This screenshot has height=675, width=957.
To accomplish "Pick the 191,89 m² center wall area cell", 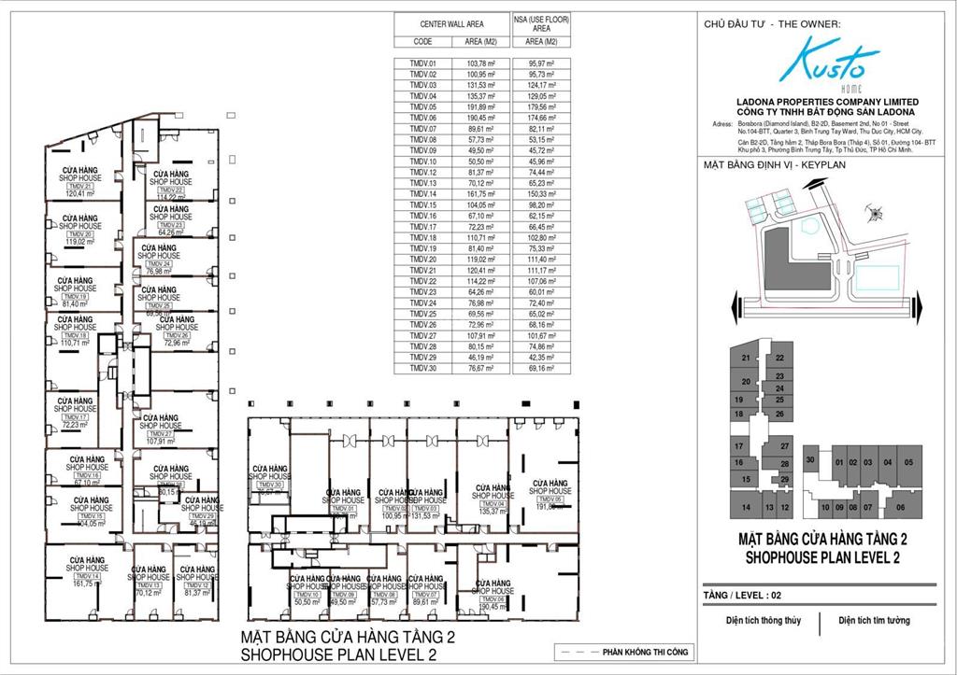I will click(x=480, y=106).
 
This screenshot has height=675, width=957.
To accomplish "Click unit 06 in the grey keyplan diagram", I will click(x=900, y=506).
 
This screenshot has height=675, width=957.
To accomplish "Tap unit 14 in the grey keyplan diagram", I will click(x=745, y=507).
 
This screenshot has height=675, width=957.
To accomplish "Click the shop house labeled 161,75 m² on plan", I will click(x=86, y=579).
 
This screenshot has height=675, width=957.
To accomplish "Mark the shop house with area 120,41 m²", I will click(x=79, y=187).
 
